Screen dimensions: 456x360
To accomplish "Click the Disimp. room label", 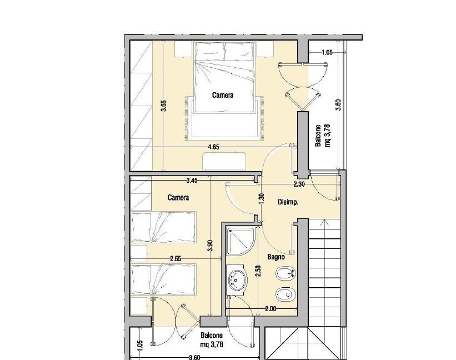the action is tap(288, 202).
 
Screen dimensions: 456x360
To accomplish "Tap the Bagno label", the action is tap(276, 257).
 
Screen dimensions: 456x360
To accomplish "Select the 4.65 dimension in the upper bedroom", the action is tap(214, 147).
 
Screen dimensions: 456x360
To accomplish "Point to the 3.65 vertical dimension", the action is tap(164, 106).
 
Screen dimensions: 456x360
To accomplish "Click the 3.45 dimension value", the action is tap(192, 181).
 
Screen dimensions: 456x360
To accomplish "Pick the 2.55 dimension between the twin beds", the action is tap(176, 258).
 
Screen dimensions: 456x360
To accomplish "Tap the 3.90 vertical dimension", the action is tap(211, 246).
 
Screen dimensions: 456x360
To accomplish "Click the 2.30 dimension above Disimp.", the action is tap(299, 184).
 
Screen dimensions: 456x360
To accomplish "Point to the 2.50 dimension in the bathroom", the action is tap(259, 271).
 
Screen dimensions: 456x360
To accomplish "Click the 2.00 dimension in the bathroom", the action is tap(270, 309).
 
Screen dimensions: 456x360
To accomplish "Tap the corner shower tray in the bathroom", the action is tap(241, 241).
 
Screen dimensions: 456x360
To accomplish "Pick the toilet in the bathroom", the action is tap(285, 295).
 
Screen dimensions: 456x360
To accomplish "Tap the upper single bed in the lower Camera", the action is tap(163, 227).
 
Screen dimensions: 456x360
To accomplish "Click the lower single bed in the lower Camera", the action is tap(163, 279).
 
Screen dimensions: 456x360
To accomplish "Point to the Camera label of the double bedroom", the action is tap(223, 95).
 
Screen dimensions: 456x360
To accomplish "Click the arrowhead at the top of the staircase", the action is tap(324, 222).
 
